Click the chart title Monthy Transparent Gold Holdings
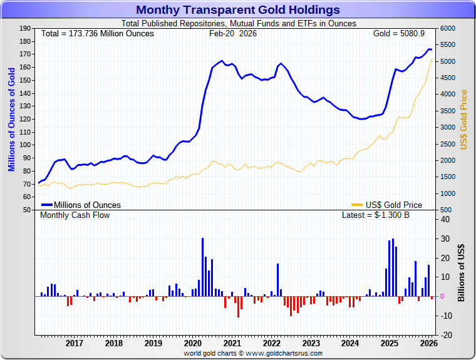238,10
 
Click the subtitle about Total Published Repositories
238,23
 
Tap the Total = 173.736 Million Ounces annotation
98,33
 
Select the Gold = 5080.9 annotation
399,33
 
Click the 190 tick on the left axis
26,28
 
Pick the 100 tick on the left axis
26,145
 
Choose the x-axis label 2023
311,343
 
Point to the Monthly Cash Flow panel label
75,215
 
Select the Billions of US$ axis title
462,273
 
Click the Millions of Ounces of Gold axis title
11,119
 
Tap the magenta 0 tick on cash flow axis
442,296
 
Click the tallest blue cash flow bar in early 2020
202,267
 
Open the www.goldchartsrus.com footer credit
253,353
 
